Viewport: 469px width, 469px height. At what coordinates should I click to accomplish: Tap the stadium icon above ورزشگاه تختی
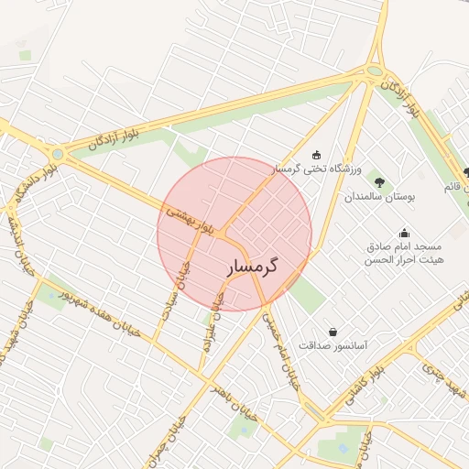(317, 154)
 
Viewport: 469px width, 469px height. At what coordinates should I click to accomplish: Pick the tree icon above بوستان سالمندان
(380, 180)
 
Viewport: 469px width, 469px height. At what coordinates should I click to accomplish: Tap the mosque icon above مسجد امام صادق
(404, 233)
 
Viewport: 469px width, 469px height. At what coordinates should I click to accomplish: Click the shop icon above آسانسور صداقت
(333, 331)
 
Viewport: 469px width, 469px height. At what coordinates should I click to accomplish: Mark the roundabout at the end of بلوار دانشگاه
(58, 154)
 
